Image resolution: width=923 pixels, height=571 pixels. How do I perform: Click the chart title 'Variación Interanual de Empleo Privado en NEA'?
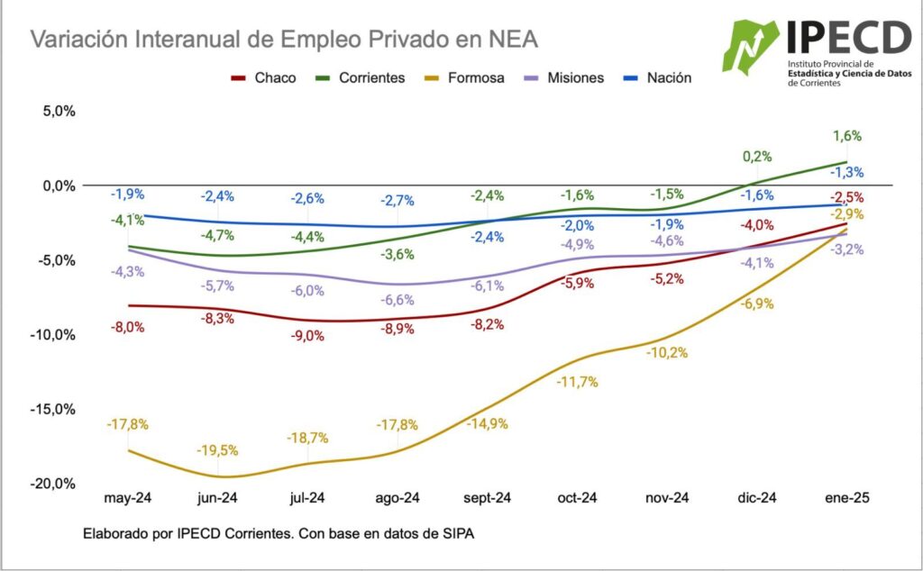tap(284, 40)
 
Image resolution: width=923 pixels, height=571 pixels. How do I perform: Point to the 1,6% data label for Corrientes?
tap(847, 136)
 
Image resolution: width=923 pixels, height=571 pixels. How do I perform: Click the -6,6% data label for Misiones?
tap(397, 300)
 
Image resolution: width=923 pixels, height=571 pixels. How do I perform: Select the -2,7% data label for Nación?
tap(397, 199)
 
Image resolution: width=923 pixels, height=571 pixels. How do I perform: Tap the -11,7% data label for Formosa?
tap(577, 381)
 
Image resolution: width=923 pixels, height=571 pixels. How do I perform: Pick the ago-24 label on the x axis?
tap(398, 497)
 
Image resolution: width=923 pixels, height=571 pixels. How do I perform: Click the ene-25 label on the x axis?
tap(847, 497)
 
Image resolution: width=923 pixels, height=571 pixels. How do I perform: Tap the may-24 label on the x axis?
tap(128, 497)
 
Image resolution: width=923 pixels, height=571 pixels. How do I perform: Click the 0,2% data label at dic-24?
tap(757, 156)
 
